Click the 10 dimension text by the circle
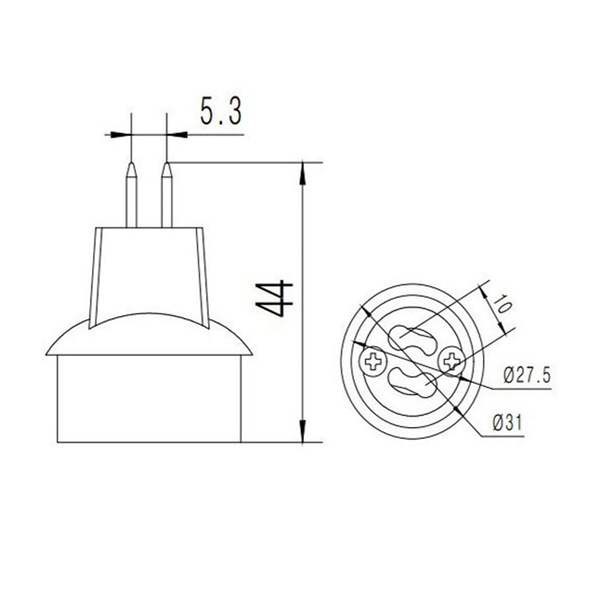click(501, 304)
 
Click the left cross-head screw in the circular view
click(374, 361)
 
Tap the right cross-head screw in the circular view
click(451, 360)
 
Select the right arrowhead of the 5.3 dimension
click(174, 135)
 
